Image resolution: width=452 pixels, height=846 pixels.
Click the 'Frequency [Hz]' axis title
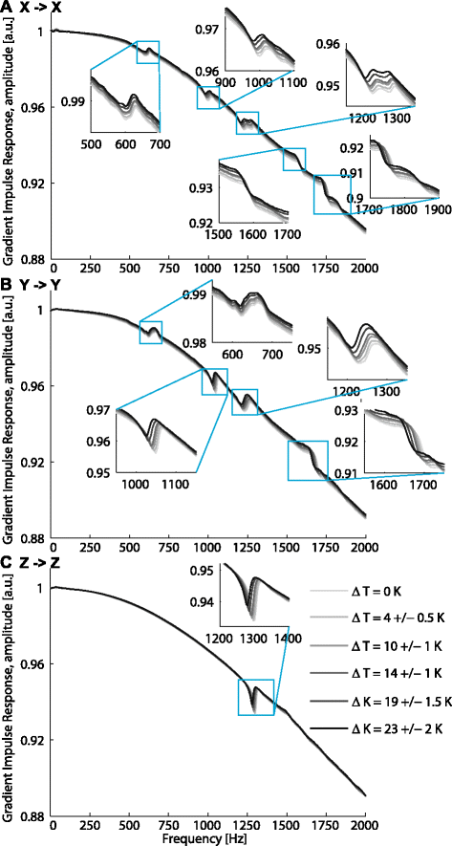click(x=207, y=839)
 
